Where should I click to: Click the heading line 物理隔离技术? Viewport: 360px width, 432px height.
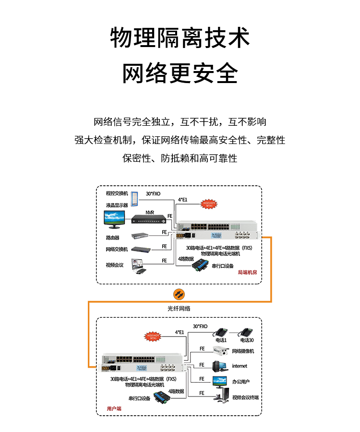click(180, 38)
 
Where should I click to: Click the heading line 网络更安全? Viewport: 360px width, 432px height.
click(180, 73)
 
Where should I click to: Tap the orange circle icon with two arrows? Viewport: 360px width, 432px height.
click(179, 294)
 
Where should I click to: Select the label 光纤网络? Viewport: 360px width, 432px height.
click(179, 309)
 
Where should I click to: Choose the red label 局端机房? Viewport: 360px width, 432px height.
click(247, 273)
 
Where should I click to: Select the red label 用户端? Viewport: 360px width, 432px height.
click(114, 408)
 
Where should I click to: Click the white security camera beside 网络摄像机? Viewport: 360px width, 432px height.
click(220, 352)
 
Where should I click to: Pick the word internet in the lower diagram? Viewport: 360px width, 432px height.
click(240, 366)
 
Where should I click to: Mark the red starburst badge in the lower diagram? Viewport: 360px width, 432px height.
click(153, 336)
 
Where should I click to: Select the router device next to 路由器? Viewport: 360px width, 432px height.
click(140, 236)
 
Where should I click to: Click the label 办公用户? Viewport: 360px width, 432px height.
click(241, 382)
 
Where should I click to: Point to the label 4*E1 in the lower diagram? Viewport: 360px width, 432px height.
click(179, 332)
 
